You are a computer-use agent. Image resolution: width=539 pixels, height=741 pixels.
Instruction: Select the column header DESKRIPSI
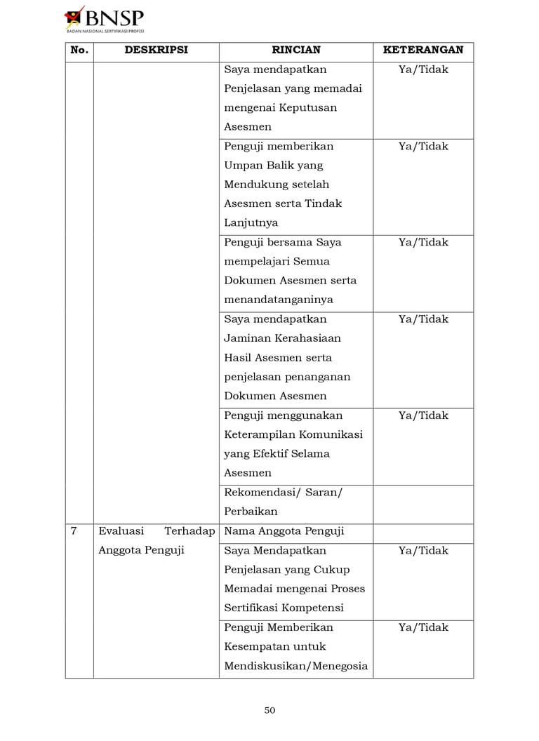[157, 51]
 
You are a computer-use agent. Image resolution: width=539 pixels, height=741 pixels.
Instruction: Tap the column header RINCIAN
[295, 51]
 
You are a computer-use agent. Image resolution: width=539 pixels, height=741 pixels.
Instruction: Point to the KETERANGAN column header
[423, 51]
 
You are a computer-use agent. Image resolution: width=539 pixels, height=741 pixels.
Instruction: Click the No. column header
[79, 51]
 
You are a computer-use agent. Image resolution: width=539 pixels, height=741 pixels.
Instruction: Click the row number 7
[74, 531]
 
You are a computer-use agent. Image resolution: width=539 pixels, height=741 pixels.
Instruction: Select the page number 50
[269, 710]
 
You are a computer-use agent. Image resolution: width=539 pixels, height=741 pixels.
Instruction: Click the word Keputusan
[308, 108]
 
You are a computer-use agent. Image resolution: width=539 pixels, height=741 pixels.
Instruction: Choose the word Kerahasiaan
[297, 338]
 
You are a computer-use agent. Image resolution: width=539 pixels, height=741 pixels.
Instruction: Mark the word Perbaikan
[251, 512]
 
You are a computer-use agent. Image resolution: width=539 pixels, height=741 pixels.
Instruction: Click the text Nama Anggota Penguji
[284, 531]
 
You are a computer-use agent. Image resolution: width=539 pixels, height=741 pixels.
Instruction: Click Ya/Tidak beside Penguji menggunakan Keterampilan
[423, 415]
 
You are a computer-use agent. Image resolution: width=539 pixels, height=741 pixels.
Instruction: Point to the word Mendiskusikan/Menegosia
[295, 666]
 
